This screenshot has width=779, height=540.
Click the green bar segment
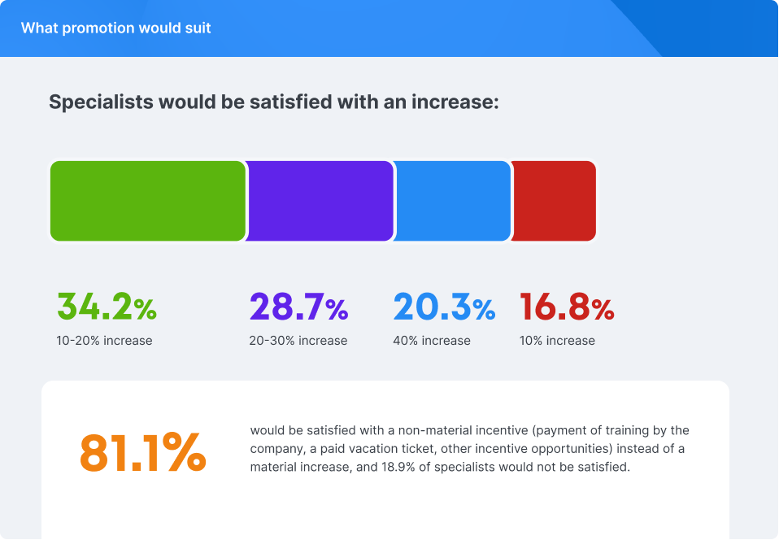pos(148,201)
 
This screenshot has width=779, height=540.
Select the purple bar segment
pos(320,201)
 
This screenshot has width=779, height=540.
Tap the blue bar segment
pos(453,201)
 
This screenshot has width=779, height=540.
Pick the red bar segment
pos(555,201)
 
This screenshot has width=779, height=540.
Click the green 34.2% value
pos(106,307)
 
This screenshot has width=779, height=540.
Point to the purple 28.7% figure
pos(298,307)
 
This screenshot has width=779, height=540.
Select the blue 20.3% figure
pos(444,307)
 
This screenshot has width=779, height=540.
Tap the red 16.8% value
pos(567,307)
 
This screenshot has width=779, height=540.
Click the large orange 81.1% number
pos(142,452)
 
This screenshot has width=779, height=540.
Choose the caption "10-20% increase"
pos(104,341)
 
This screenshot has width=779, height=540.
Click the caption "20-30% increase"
pos(298,341)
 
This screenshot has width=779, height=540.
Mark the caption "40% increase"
pos(432,341)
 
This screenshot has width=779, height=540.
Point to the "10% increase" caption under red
pos(557,341)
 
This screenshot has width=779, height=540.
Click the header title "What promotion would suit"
pos(115,28)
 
